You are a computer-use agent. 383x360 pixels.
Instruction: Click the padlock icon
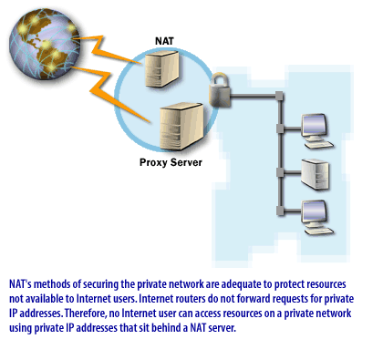(220, 92)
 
